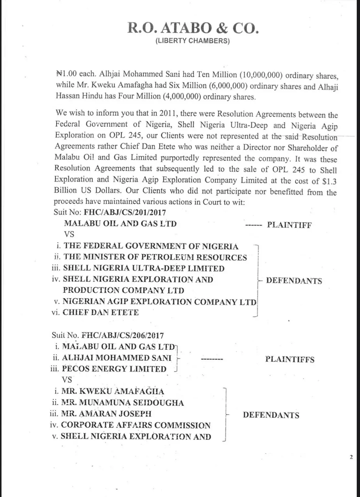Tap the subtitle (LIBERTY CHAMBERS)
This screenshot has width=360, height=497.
[193, 41]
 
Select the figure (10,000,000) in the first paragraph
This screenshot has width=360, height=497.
[261, 75]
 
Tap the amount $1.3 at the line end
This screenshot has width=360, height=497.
[329, 181]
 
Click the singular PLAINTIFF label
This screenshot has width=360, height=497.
[289, 225]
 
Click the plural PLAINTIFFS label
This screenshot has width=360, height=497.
[290, 359]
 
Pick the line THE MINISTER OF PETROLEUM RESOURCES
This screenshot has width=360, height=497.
[155, 258]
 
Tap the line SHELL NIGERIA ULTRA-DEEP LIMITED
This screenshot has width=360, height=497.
[143, 268]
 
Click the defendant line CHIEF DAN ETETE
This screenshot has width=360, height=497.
[100, 313]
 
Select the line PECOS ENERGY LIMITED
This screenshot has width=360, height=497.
[114, 369]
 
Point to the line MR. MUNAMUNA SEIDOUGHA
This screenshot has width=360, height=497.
[122, 403]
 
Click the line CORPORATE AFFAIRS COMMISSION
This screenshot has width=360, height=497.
[136, 425]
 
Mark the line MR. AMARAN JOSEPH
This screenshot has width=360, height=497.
[106, 414]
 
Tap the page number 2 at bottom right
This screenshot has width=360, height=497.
[351, 458]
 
